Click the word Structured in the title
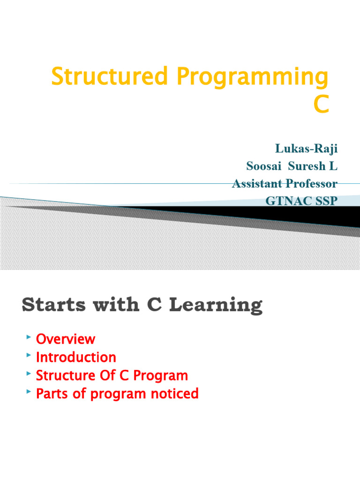[x=109, y=76]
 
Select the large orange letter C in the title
[x=321, y=105]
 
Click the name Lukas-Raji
[x=306, y=149]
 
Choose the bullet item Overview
[x=66, y=339]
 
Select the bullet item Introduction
[x=76, y=357]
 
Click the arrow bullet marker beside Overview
[x=29, y=337]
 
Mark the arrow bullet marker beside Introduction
[x=29, y=355]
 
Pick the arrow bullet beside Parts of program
[x=29, y=392]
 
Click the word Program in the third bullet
[x=162, y=375]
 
